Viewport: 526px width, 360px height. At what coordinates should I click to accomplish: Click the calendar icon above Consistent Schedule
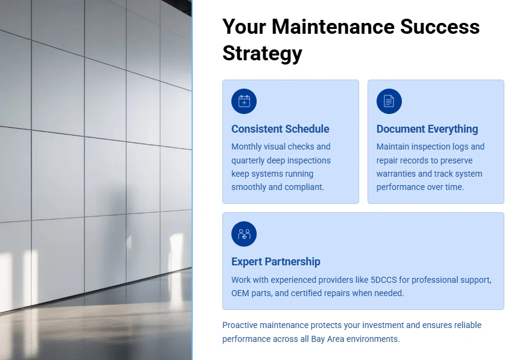pos(244,101)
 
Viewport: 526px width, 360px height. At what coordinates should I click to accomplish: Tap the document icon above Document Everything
pos(389,101)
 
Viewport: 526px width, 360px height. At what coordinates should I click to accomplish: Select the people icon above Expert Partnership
pos(244,234)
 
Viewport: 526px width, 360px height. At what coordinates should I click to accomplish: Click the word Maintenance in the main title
pos(333,27)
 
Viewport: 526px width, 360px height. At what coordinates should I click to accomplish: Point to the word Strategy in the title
pos(262,54)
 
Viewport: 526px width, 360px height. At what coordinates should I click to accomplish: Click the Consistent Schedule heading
pos(280,129)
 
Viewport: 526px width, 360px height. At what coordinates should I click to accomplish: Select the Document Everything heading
pos(427,129)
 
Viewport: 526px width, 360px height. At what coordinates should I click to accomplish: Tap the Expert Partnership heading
pos(276,262)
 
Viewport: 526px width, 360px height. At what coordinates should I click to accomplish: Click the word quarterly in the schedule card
pos(248,160)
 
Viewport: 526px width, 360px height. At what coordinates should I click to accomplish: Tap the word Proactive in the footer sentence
pos(240,325)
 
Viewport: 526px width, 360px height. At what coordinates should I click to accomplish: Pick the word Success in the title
pos(440,27)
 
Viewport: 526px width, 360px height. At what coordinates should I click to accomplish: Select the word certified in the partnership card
pos(306,293)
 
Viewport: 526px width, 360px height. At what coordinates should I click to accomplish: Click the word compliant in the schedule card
pos(309,187)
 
